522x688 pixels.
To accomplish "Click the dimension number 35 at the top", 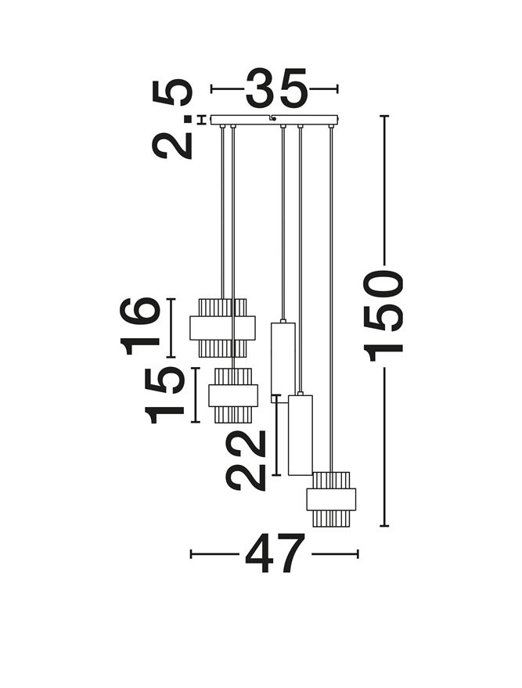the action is point(275,88).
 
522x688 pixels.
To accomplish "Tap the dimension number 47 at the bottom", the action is point(275,553).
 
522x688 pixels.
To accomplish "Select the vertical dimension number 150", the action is point(383,315).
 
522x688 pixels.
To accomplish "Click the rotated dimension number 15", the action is point(164,395).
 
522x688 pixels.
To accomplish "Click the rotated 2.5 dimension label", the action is point(172,118).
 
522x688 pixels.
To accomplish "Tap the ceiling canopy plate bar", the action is point(275,120).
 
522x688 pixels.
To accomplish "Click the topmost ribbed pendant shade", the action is point(222,328).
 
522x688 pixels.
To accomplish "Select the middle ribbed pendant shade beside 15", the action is point(233,395).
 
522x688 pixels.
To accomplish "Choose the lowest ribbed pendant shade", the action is point(331,499).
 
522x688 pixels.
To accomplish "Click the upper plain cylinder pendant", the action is point(283,362).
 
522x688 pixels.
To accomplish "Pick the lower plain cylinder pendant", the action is point(301,435).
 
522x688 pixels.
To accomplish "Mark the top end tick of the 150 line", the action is point(384,116).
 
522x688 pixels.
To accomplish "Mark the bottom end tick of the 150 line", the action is point(384,525).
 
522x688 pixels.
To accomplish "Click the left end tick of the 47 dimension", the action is point(191,553).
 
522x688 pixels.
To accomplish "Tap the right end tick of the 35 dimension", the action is point(337,89).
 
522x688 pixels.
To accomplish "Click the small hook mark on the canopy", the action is point(273,118).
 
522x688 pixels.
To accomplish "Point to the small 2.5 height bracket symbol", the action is point(202,120).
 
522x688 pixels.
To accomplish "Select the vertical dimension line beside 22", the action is point(276,435).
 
